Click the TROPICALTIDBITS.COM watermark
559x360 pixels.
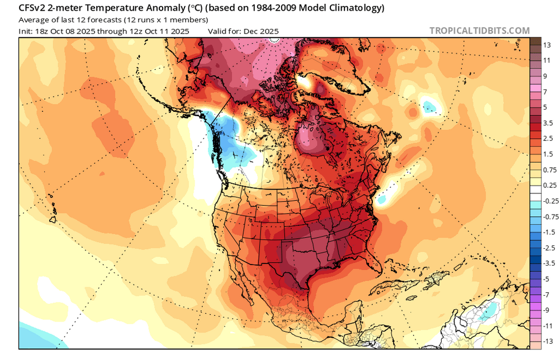[480, 31]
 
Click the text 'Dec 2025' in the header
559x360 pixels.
[262, 31]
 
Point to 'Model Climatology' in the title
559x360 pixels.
[347, 8]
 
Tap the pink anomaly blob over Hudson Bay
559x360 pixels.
[307, 137]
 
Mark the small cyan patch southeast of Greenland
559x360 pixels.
[429, 106]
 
